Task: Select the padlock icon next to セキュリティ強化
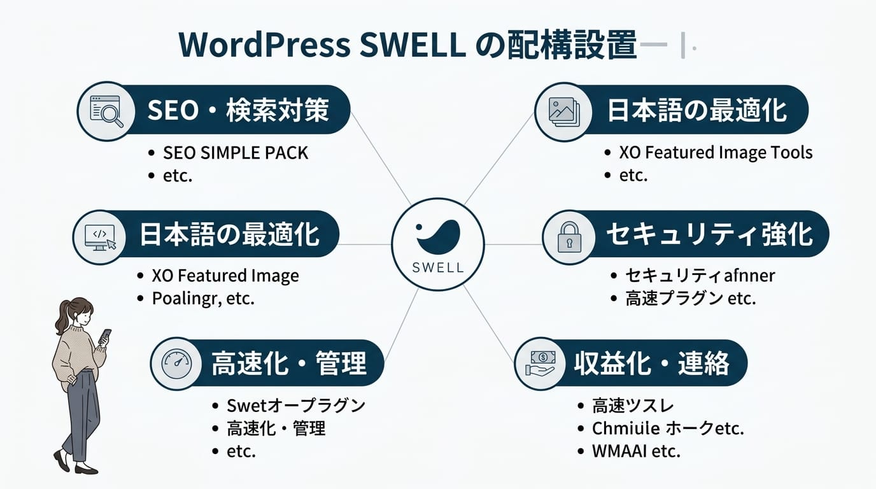569,237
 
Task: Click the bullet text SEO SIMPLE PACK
236,153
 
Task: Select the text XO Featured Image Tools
716,153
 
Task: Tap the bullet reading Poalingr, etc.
203,299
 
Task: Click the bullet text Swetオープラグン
296,406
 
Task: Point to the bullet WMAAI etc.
636,451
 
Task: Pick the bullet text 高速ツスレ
633,406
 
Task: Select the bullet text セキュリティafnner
700,276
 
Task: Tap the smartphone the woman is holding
105,335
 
